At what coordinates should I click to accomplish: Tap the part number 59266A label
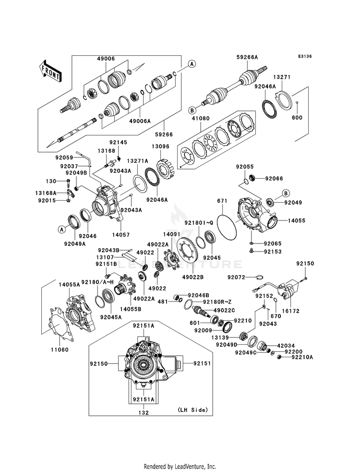coord(247,57)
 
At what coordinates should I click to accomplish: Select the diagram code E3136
coord(305,56)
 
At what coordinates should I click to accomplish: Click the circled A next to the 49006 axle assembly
coord(192,63)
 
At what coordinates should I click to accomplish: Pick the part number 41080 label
coord(201,119)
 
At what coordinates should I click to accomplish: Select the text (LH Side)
coord(192,410)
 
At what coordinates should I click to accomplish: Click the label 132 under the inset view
coord(144,413)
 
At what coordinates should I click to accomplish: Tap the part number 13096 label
coord(160,146)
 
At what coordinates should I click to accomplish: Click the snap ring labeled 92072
coord(260,277)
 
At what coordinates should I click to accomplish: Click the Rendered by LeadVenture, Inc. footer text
coord(180,466)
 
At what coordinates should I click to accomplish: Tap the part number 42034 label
coord(286,346)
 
